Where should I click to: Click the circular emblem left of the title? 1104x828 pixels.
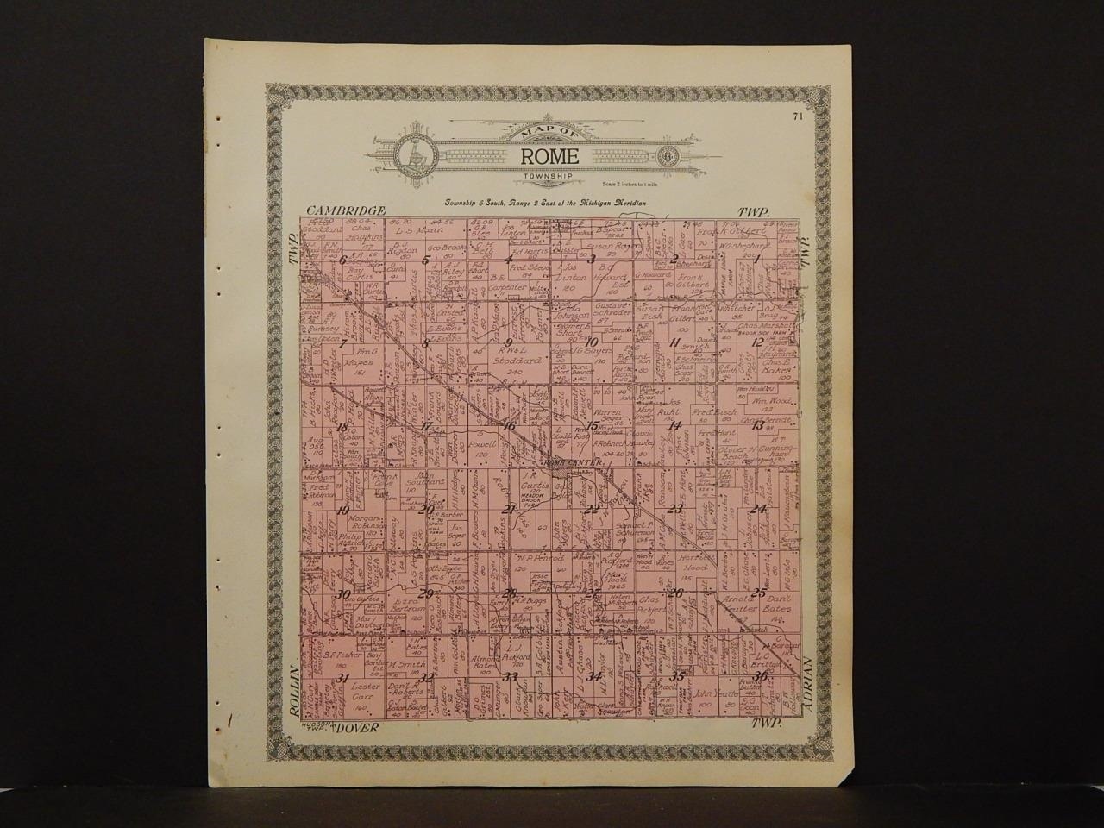click(x=413, y=155)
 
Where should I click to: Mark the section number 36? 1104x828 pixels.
click(x=760, y=676)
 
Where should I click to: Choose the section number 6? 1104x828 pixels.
click(x=343, y=260)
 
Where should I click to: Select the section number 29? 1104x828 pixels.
click(x=425, y=593)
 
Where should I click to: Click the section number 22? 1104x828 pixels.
click(x=593, y=509)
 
